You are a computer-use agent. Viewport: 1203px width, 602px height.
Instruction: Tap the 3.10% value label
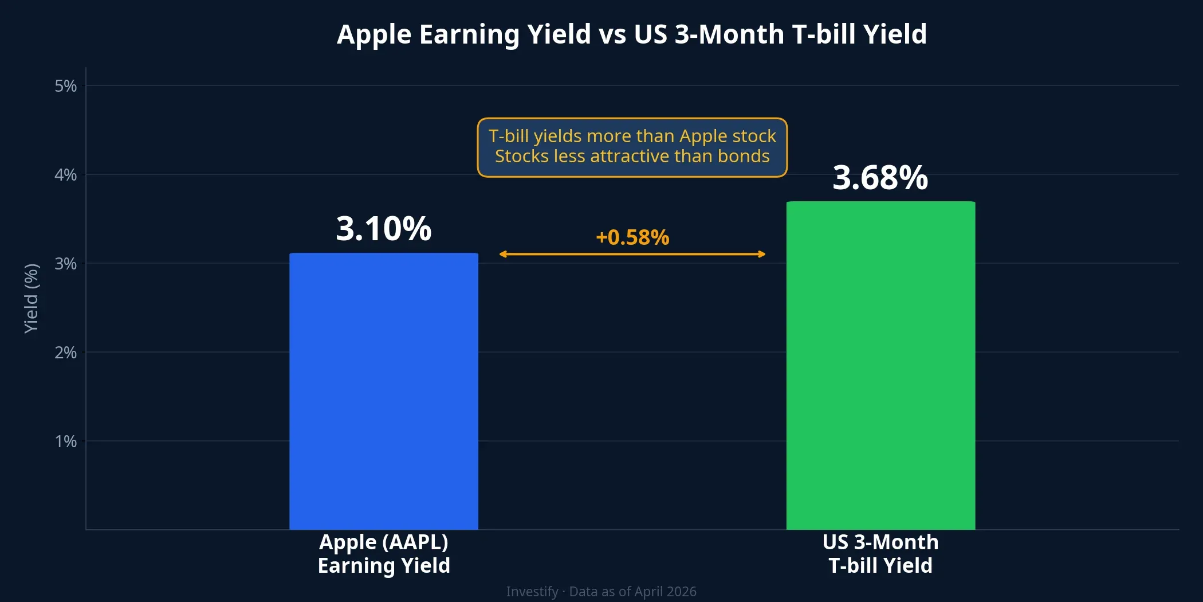383,228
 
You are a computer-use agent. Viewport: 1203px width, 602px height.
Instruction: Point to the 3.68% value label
880,177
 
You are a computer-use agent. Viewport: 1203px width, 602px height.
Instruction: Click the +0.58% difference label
632,237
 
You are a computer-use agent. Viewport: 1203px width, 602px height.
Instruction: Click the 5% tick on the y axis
65,86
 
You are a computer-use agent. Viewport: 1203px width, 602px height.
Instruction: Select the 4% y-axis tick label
65,175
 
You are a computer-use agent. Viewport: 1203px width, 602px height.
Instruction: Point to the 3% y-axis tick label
65,264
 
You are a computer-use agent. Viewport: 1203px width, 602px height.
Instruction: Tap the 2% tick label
65,353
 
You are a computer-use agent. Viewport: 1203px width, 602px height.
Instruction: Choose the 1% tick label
65,441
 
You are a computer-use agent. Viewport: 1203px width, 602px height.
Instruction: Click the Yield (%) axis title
31,298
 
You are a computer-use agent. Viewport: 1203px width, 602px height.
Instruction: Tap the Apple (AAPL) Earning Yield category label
384,554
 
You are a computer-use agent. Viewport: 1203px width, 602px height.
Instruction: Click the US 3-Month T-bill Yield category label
880,554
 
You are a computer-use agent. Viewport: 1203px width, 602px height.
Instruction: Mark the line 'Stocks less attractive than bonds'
632,157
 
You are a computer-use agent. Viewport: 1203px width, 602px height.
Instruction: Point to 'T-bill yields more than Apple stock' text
632,136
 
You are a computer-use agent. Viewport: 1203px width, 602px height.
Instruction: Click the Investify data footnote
601,591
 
